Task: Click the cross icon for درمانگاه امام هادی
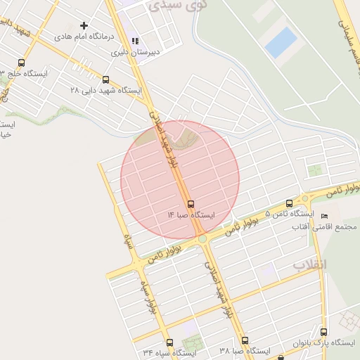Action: coord(84,25)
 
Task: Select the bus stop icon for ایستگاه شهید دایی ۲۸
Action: coord(106,79)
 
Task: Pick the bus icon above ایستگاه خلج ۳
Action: coord(21,62)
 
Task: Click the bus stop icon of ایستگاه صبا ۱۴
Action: coord(191,204)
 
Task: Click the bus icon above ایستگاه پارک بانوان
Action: coord(323,332)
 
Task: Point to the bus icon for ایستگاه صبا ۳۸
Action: coord(245,340)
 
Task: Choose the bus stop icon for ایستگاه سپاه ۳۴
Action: coord(169,343)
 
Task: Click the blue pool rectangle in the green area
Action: coord(281,42)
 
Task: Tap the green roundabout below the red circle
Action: coord(203,239)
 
